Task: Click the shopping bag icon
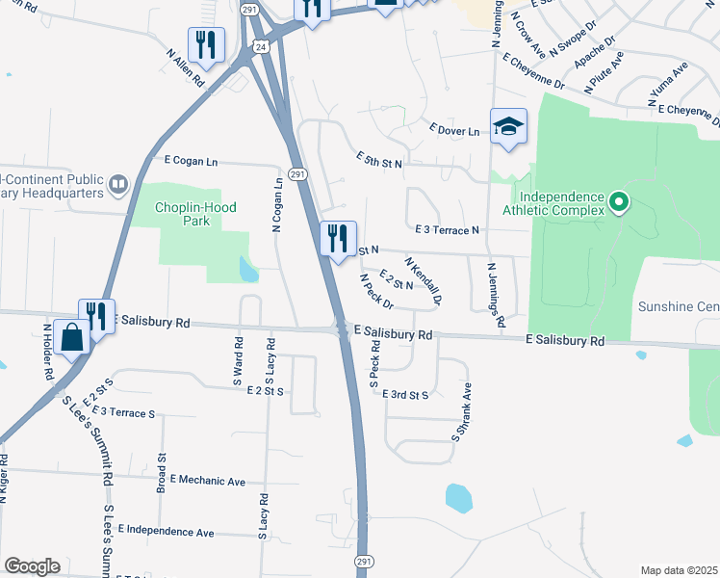click(72, 338)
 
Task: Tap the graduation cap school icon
click(508, 125)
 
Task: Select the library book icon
click(118, 183)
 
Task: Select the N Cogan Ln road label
click(277, 204)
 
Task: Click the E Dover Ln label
click(454, 130)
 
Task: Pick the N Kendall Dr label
click(424, 280)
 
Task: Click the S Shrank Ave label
click(462, 412)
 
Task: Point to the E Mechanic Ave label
click(207, 480)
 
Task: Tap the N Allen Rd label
click(187, 70)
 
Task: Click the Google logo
click(32, 566)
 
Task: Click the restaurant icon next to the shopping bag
click(97, 315)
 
